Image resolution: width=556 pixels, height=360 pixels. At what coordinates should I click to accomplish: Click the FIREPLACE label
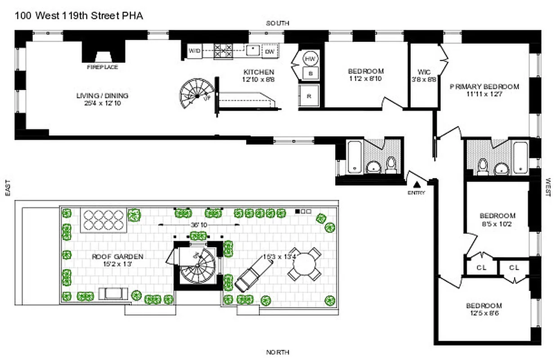click(103, 67)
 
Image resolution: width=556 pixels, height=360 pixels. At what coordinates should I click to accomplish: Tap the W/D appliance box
click(194, 50)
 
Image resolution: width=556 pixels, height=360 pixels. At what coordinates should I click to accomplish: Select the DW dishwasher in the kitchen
click(269, 51)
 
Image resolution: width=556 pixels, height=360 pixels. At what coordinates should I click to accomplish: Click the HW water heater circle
click(310, 59)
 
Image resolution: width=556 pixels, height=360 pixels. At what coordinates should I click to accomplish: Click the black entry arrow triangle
click(417, 184)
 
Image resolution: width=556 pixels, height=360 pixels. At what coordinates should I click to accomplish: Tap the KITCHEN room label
click(259, 72)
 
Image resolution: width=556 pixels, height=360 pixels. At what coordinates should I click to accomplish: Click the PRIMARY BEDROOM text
click(484, 86)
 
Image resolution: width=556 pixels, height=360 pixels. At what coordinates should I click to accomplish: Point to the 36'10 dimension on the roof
click(196, 225)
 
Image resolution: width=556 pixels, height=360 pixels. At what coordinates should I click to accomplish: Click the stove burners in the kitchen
click(223, 50)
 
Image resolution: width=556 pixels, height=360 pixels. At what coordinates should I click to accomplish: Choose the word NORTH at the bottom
click(278, 352)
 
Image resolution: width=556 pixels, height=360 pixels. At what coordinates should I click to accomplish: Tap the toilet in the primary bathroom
click(482, 165)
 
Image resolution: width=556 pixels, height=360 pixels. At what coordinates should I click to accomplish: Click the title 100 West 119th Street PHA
click(79, 16)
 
